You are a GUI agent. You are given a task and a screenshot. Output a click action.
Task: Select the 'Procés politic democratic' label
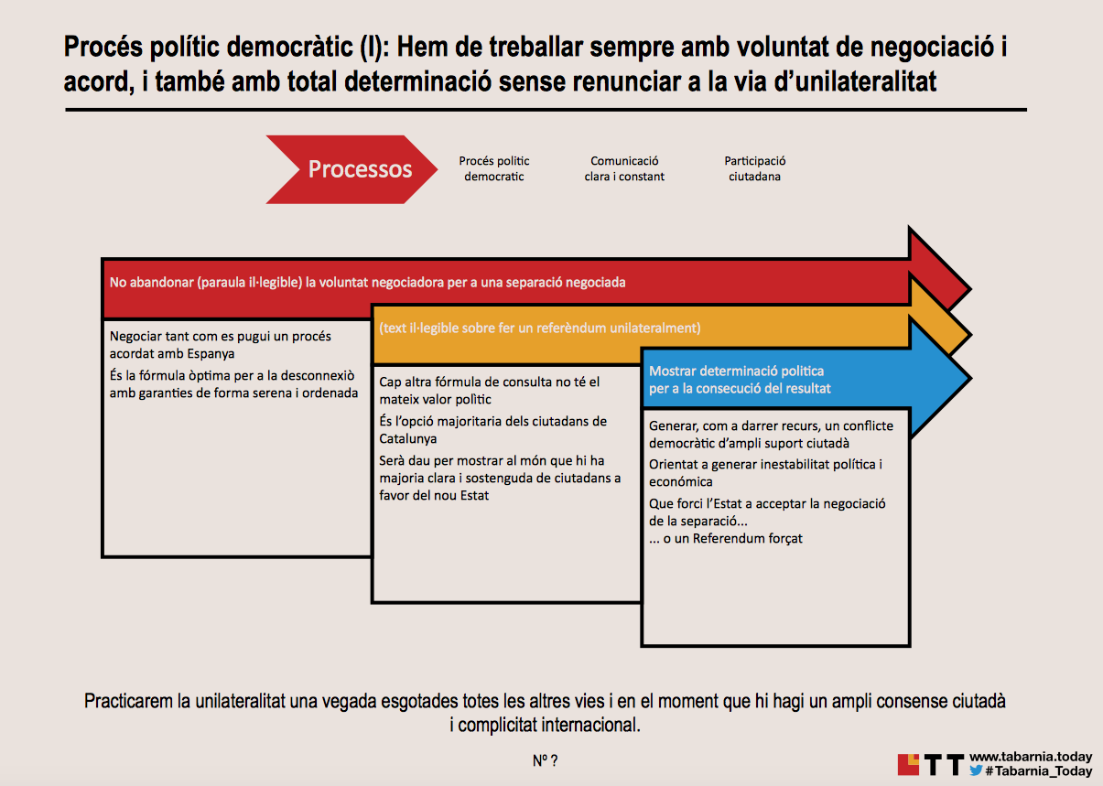point(494,168)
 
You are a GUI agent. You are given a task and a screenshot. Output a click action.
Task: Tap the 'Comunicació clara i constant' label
point(624,168)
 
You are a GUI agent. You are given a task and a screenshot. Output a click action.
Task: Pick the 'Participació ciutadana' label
point(754,168)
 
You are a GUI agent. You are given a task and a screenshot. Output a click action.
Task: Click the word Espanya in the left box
point(207,352)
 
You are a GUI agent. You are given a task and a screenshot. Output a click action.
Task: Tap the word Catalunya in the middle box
point(408,438)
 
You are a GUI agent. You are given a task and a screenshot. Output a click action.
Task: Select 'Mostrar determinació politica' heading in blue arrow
point(736,371)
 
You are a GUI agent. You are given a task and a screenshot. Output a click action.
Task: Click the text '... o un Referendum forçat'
point(725,538)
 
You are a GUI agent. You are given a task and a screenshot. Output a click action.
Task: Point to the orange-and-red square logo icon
point(908,763)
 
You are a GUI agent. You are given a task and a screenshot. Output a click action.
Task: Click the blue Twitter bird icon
point(976,771)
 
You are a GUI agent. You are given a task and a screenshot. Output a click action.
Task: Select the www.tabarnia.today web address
point(1030,757)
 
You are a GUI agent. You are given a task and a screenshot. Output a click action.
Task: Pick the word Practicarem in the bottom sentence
point(127,702)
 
